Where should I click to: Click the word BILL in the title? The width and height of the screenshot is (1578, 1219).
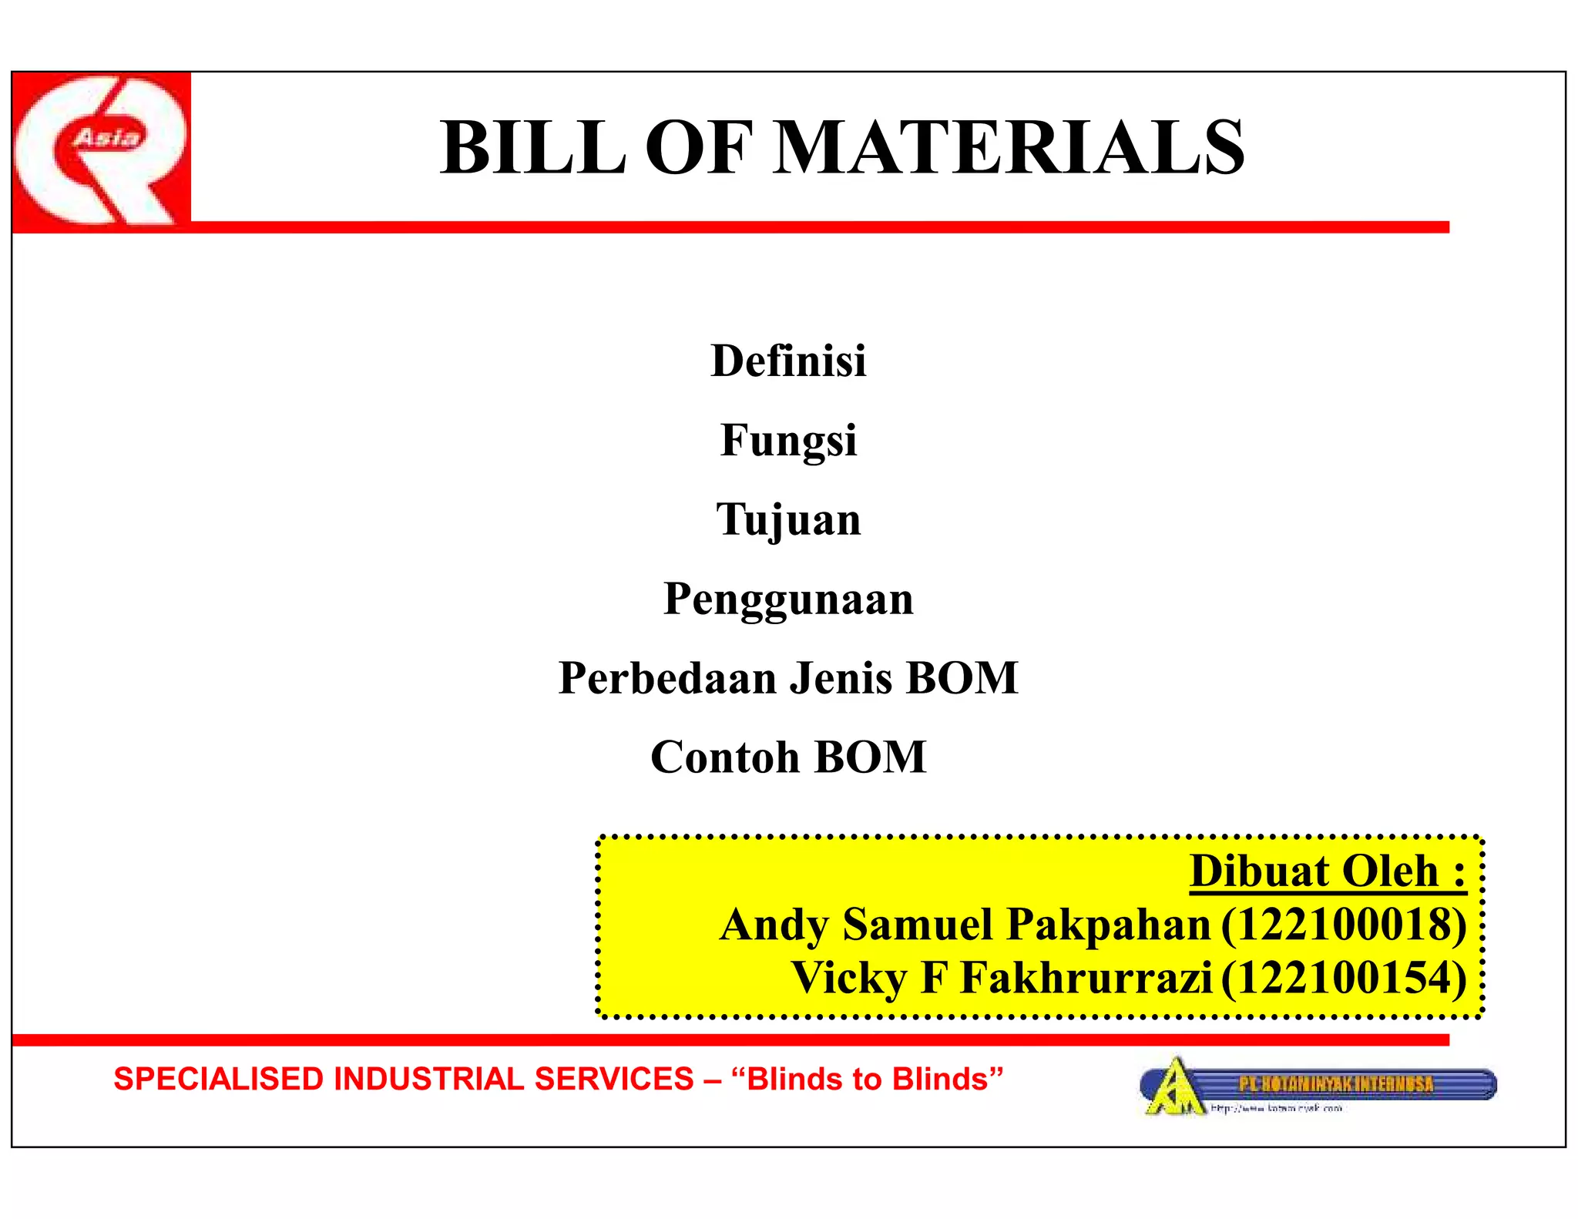coord(532,148)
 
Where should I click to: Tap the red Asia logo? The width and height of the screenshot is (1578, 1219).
coord(101,151)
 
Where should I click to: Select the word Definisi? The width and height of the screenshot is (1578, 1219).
coord(788,361)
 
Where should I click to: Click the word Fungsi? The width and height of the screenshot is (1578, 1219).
coord(788,441)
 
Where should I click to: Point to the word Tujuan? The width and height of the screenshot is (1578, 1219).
coord(788,519)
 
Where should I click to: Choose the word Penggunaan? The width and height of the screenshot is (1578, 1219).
coord(788,599)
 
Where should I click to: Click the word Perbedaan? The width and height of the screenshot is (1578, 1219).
coord(667,678)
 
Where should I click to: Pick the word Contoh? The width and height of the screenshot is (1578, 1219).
coord(725,757)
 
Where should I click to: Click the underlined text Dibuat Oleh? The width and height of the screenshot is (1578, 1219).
coord(1328,871)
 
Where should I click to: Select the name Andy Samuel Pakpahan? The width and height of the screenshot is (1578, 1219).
coord(965,925)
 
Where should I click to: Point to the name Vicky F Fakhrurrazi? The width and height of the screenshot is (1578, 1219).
coord(1002,978)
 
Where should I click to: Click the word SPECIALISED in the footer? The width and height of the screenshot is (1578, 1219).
coord(219,1080)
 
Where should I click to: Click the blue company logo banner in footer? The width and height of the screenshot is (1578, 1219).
coord(1318,1086)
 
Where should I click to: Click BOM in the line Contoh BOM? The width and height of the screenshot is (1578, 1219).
coord(870,757)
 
